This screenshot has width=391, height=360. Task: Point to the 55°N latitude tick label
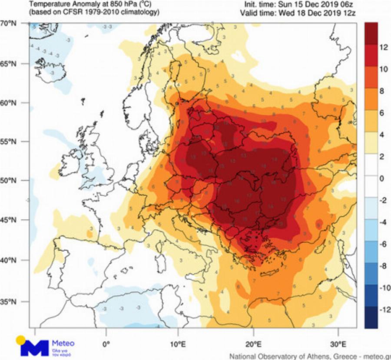point(8,142)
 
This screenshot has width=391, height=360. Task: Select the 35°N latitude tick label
point(8,302)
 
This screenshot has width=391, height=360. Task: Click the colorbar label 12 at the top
point(383,48)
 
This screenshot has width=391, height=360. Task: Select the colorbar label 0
point(382,179)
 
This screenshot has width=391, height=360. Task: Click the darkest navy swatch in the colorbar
point(371,317)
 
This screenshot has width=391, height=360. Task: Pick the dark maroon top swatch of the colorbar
point(371,33)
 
